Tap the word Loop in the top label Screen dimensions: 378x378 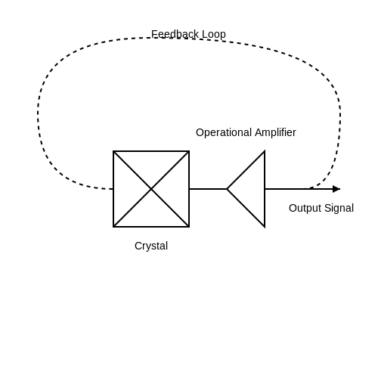(214, 35)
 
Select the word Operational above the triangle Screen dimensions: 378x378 (224, 133)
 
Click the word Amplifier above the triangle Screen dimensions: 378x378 (275, 132)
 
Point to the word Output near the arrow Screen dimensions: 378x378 (305, 209)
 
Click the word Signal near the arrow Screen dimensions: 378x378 (339, 209)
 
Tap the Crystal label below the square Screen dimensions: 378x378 (151, 246)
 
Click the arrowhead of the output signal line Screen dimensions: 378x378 (336, 189)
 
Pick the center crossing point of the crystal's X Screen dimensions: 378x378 (151, 189)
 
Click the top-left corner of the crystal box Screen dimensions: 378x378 (113, 151)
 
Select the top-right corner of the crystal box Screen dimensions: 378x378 (189, 151)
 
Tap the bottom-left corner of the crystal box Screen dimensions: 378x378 (113, 227)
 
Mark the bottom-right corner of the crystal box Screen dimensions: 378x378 (189, 227)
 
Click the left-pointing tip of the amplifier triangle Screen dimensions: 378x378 (227, 189)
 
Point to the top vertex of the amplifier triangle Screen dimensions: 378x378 (265, 151)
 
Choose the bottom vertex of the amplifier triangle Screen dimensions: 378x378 (265, 227)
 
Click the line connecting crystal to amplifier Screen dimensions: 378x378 (208, 189)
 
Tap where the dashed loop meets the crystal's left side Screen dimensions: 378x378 (113, 189)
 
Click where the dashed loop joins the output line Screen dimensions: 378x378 (306, 189)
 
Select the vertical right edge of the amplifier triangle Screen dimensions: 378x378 (265, 189)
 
